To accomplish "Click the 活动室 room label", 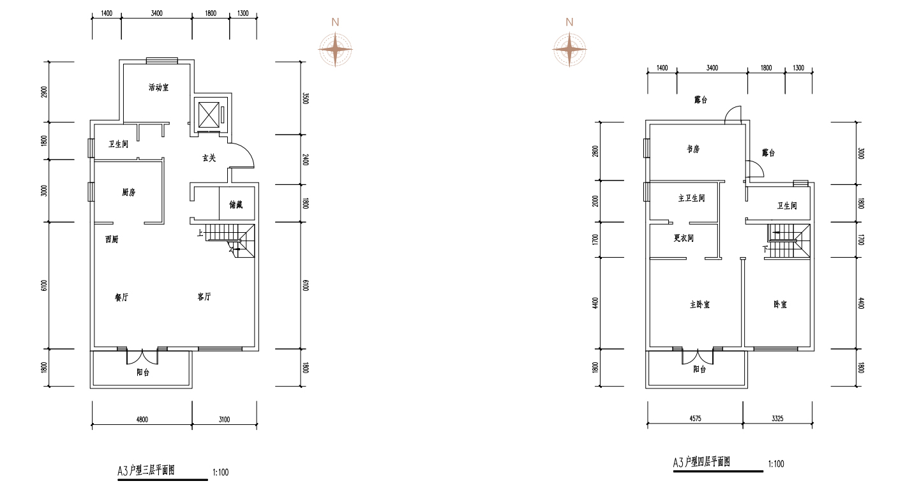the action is click(158, 87).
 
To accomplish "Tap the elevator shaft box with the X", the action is click(209, 115).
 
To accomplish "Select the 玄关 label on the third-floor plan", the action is click(209, 158).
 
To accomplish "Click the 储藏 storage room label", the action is click(236, 205).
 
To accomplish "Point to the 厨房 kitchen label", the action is click(128, 192).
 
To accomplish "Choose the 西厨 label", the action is click(112, 240).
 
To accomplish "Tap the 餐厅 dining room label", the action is click(121, 298).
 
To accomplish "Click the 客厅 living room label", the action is click(204, 297).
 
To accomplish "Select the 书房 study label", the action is click(693, 149).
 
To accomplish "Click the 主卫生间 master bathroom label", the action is click(691, 198).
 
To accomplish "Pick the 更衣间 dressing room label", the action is click(684, 238).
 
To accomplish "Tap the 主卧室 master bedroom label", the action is click(699, 304).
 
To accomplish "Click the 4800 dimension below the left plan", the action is click(142, 419).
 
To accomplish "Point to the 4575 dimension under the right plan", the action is click(695, 418).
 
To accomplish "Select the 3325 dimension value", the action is click(777, 418).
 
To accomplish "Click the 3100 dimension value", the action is click(224, 419).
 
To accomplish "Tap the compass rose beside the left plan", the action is click(335, 50).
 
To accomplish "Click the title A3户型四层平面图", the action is click(701, 462).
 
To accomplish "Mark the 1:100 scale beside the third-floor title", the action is click(221, 472).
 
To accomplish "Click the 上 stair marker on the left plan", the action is click(200, 233).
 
